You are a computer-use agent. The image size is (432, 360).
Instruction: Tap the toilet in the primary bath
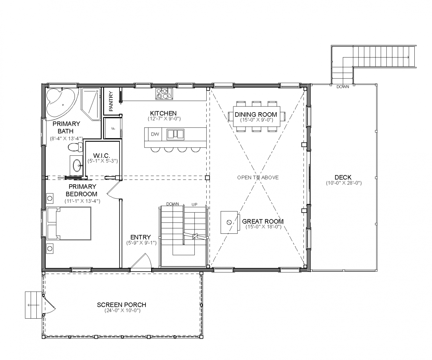point(75,147)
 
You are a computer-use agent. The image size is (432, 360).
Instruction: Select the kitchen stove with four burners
point(164,94)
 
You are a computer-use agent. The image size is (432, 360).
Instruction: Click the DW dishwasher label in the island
point(155,134)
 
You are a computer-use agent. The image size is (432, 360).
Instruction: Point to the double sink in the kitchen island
point(175,134)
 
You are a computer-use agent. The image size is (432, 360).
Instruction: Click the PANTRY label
point(111,101)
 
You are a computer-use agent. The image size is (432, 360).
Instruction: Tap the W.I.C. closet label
point(102,155)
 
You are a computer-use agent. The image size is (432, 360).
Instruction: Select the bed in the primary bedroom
point(69,223)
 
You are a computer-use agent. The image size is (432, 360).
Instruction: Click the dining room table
point(257,117)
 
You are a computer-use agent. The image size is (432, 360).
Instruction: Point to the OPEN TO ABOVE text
point(258,178)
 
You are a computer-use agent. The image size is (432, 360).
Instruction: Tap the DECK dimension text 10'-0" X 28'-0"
point(344,183)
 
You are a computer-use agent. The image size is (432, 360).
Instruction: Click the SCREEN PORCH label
point(122,305)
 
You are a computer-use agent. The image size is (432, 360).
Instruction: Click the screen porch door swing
point(49,304)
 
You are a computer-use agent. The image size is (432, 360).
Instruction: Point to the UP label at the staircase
point(194,205)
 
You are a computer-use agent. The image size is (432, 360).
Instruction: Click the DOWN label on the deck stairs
point(343,87)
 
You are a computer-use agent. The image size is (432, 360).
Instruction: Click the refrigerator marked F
point(112,128)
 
